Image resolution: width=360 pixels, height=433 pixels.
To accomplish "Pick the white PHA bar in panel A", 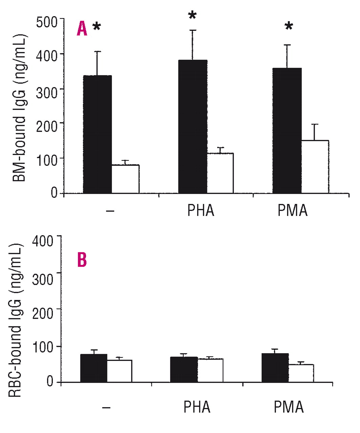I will click(220, 173).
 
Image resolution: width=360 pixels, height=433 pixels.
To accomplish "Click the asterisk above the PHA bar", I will click(192, 16).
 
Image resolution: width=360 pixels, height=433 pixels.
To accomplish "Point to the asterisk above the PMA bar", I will click(289, 27).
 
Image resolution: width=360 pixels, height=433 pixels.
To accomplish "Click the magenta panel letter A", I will click(82, 28).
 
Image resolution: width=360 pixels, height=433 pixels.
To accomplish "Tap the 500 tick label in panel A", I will click(48, 23).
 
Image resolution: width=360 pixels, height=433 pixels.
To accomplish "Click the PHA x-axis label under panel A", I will click(201, 211).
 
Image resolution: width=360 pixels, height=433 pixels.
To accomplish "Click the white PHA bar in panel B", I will click(210, 370).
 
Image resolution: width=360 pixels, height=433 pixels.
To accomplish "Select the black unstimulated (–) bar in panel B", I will click(94, 368).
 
